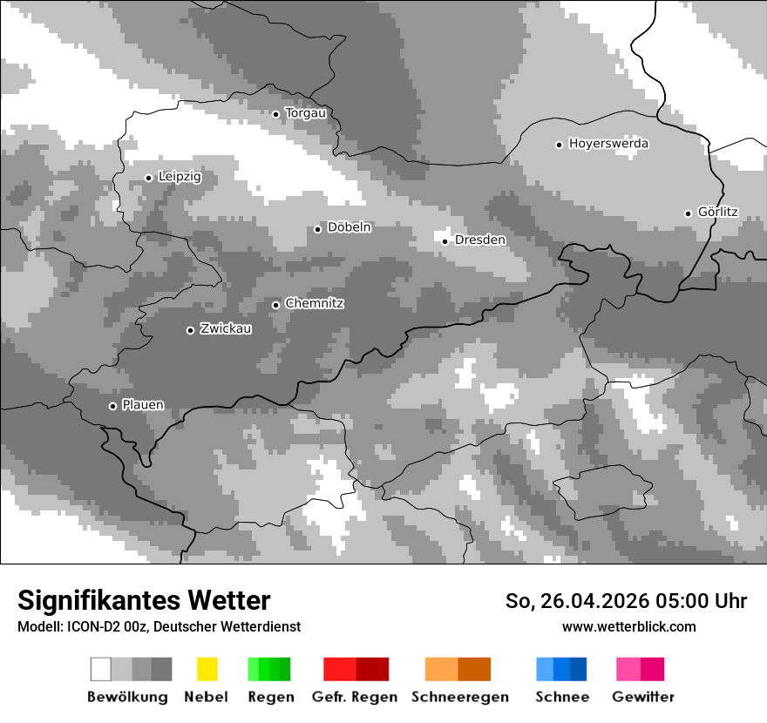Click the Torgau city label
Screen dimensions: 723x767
[x=305, y=113]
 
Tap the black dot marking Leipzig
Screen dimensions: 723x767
[x=148, y=178]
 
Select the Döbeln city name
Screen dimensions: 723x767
[x=349, y=227]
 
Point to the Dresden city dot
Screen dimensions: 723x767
[x=445, y=241]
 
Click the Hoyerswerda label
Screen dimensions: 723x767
[x=608, y=144]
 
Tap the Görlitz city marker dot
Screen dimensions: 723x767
[x=688, y=213]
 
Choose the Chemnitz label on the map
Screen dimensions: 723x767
[x=314, y=303]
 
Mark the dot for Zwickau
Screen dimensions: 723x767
[x=190, y=330]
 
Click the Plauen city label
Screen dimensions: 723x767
[x=142, y=405]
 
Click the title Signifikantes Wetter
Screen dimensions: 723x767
[x=144, y=600]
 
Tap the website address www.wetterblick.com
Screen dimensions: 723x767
[x=628, y=626]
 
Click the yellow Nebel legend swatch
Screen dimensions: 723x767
[x=207, y=669]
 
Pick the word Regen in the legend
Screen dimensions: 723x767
[x=270, y=697]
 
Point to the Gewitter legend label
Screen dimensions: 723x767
[x=642, y=697]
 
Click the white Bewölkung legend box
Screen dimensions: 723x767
[x=101, y=669]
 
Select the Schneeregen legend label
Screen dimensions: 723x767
[x=459, y=697]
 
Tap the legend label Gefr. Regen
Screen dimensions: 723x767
[x=355, y=697]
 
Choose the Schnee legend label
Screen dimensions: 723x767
[x=562, y=697]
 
